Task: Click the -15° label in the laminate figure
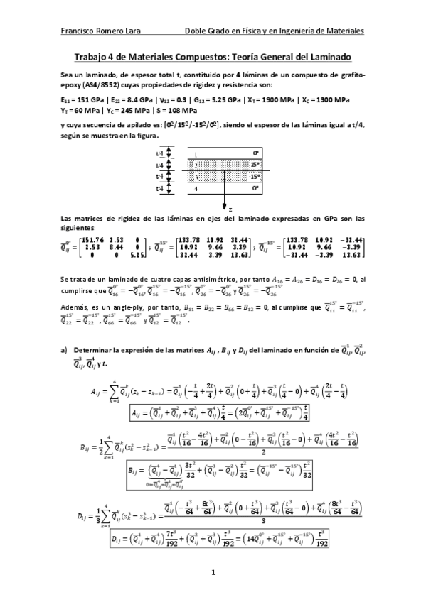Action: [x=255, y=177]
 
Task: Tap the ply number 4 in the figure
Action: [x=196, y=190]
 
